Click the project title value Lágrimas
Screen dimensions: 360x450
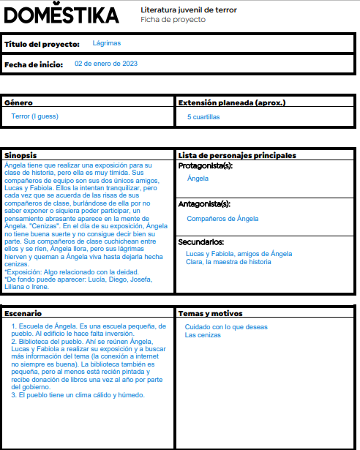[x=107, y=44]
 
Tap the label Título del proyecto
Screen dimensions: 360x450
[x=42, y=45]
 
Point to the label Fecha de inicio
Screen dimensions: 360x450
[x=34, y=64]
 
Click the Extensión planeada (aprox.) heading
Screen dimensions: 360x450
[x=232, y=103]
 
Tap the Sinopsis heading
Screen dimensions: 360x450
[x=20, y=155]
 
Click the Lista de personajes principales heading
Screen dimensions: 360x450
[x=237, y=155]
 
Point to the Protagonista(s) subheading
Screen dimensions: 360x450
[x=206, y=166]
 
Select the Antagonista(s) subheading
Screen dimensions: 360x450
[x=204, y=205]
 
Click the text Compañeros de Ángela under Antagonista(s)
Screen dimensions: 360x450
[x=222, y=219]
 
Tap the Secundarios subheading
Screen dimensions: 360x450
[x=200, y=242]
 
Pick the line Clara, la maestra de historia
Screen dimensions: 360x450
[x=228, y=262]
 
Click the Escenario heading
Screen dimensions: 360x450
[x=23, y=313]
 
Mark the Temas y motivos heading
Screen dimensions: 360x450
[x=211, y=313]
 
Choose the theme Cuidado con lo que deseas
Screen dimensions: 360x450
[x=226, y=327]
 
